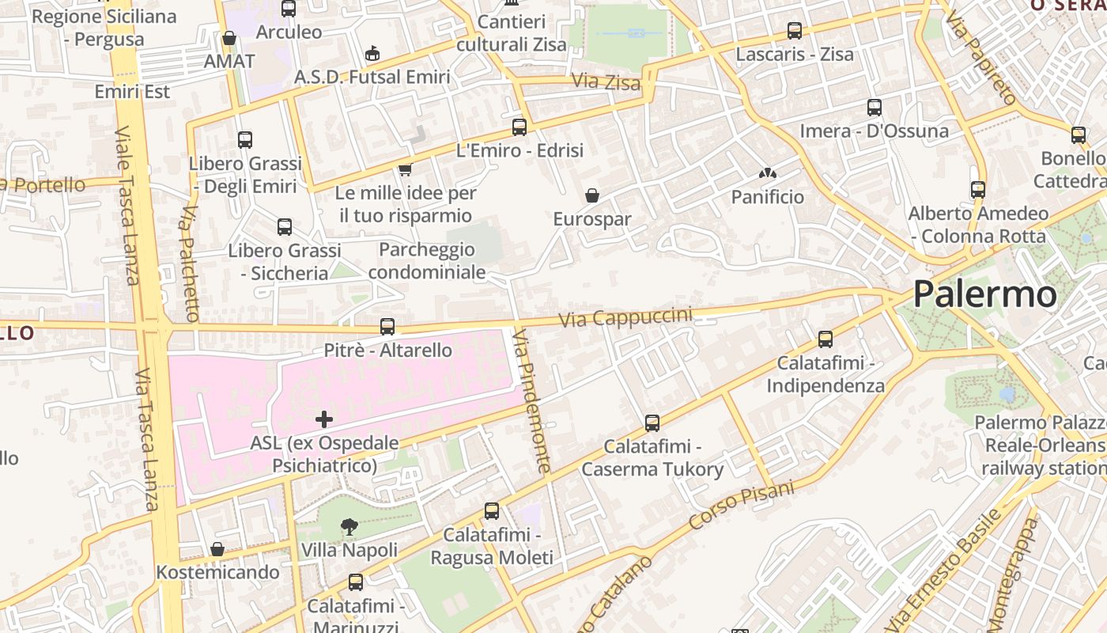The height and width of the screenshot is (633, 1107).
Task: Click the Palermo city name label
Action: pyautogui.click(x=984, y=294)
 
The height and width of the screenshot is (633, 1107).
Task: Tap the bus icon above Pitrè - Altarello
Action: pyautogui.click(x=387, y=326)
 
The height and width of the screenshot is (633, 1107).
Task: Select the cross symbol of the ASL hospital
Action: pyautogui.click(x=324, y=419)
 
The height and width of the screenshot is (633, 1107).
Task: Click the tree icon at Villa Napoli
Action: pyautogui.click(x=349, y=526)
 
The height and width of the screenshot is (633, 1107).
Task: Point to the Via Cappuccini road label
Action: pyautogui.click(x=625, y=318)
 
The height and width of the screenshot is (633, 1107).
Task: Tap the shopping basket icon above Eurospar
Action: pyautogui.click(x=591, y=195)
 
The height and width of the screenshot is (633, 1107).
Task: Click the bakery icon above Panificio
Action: pyautogui.click(x=766, y=173)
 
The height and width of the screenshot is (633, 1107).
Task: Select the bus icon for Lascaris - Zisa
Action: pyautogui.click(x=795, y=31)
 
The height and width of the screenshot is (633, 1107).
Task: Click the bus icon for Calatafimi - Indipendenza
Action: pyautogui.click(x=826, y=339)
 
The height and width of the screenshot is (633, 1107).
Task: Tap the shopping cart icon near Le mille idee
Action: pyautogui.click(x=406, y=169)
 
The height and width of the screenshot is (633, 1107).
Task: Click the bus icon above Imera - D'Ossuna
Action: pyautogui.click(x=874, y=108)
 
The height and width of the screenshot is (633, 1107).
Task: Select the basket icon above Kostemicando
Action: pyautogui.click(x=217, y=548)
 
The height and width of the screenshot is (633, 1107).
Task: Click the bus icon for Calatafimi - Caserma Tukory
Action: pyautogui.click(x=652, y=423)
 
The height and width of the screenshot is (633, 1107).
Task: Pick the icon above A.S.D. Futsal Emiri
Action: pyautogui.click(x=372, y=53)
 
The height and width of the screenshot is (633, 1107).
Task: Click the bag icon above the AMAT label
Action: pyautogui.click(x=229, y=38)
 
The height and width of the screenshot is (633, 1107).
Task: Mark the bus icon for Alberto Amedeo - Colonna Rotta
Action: pyautogui.click(x=978, y=190)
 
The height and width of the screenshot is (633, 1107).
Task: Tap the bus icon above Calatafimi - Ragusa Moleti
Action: pyautogui.click(x=492, y=511)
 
